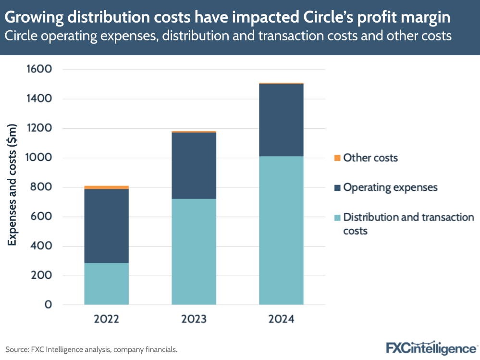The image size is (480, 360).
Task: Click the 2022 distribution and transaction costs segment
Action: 106,284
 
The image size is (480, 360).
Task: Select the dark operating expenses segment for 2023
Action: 194,165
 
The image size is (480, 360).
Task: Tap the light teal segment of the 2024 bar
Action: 281,230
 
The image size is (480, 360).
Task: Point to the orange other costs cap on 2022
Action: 106,187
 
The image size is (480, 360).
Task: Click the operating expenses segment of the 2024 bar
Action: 281,120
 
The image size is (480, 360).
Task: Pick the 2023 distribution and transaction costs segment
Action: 194,251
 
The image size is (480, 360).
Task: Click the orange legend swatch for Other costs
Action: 337,158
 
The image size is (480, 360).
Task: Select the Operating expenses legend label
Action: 390,187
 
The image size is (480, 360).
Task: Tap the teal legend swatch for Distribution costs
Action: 337,217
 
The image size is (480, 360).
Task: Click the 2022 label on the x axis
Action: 106,319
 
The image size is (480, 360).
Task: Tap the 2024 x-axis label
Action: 281,319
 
